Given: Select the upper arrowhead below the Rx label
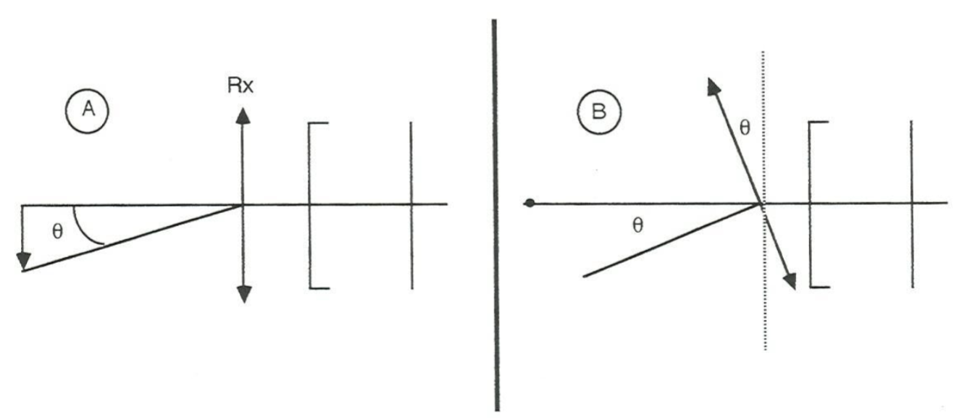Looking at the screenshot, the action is [243, 117].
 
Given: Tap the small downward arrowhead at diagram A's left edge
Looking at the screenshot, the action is [23, 260].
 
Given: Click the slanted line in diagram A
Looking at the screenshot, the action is [130, 238].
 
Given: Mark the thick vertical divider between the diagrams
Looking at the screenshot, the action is [495, 210].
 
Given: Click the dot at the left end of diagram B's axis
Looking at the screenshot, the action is [530, 204].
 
